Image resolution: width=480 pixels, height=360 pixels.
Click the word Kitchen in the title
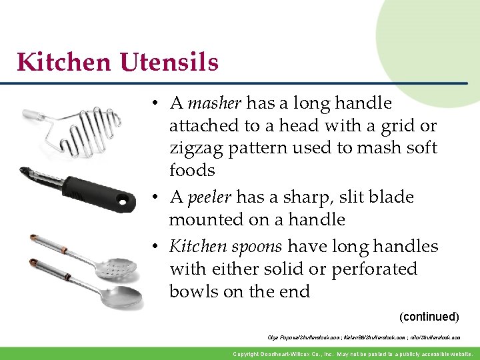coord(65,63)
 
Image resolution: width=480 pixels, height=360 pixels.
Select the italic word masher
coord(215,103)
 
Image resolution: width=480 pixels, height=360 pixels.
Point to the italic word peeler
coord(209,197)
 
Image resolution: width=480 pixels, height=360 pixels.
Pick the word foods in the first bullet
coord(192,170)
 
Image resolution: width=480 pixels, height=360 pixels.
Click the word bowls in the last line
coord(193,292)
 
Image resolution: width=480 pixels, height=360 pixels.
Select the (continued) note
coord(429,316)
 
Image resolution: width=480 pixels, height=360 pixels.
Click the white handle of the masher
coord(32,115)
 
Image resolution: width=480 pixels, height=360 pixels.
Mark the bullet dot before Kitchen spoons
coord(153,247)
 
